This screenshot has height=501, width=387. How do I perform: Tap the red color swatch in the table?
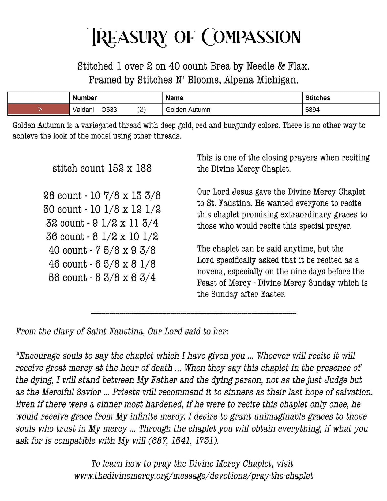[39, 109]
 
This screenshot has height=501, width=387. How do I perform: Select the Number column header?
[85, 98]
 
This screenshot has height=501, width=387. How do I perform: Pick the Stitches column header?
[318, 98]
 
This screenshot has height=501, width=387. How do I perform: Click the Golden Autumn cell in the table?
[188, 110]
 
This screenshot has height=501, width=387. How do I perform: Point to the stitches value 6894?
[312, 110]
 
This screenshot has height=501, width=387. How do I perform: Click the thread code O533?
[109, 110]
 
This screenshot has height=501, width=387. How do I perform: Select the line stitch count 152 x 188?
[102, 168]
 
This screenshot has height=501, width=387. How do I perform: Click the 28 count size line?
[102, 196]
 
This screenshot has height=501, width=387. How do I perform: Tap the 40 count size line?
[102, 250]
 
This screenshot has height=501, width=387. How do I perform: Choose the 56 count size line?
[102, 278]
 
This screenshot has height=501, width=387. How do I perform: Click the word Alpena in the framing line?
[238, 80]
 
